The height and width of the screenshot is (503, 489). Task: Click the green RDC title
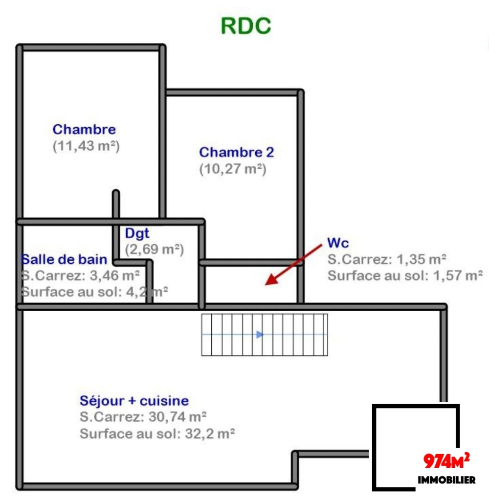[246, 26]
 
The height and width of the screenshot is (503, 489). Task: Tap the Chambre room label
[84, 130]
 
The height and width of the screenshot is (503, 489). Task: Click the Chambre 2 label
[237, 152]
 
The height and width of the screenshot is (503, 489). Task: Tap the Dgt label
[137, 233]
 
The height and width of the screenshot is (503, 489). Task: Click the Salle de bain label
[64, 259]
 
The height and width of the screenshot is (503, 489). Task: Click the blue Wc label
[338, 243]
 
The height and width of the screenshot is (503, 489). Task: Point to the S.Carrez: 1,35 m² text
[386, 259]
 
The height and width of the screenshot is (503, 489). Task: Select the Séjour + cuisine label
[134, 401]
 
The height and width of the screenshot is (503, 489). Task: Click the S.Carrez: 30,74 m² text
[143, 417]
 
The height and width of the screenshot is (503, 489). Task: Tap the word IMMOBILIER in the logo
[446, 480]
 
